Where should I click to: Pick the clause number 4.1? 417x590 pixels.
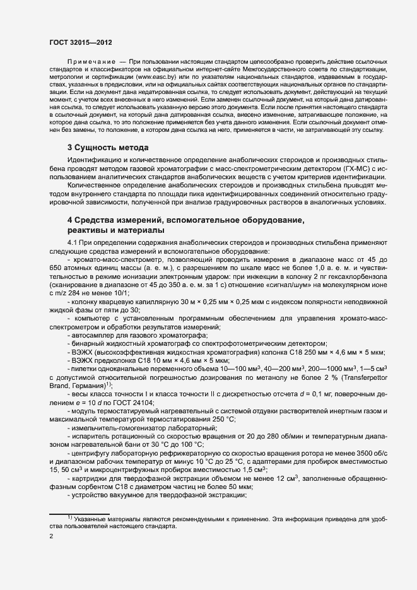pos(73,244)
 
